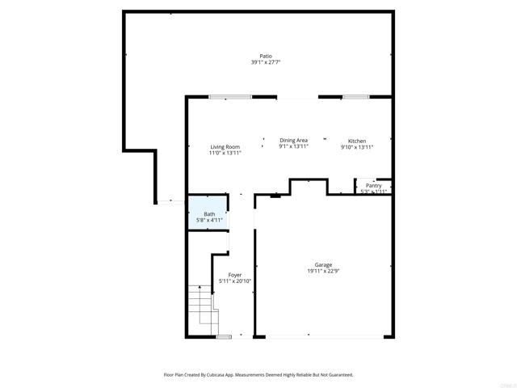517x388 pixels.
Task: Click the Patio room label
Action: coord(266,56)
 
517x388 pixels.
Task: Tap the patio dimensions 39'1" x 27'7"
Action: coord(266,62)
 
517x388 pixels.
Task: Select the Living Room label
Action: coord(225,146)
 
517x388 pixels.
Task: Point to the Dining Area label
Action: coord(293,141)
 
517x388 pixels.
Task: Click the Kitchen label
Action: coord(356,141)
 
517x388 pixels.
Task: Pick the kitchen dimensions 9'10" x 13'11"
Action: coord(356,147)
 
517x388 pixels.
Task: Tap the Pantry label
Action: coord(373,186)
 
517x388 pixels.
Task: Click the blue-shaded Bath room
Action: coord(208,213)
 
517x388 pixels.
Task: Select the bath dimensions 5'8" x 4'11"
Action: coord(209,220)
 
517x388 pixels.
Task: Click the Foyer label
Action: coord(235,275)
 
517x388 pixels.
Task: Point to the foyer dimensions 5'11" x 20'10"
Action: coord(235,281)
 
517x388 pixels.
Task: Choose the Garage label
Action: coord(323,264)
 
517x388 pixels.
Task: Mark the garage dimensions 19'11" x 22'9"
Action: coord(323,271)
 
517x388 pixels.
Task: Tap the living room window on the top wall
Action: coord(230,97)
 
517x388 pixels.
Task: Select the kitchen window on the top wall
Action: coord(355,97)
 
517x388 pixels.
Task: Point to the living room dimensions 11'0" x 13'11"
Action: coord(225,153)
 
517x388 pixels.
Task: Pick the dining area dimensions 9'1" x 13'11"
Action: coord(293,147)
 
